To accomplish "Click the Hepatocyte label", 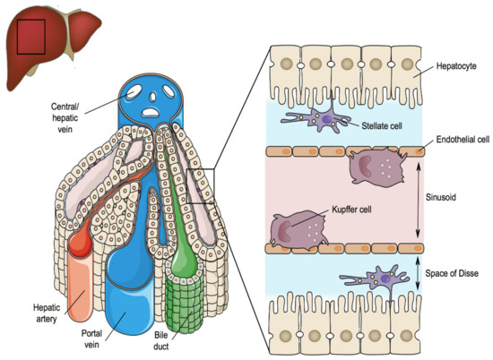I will point(456,65).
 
